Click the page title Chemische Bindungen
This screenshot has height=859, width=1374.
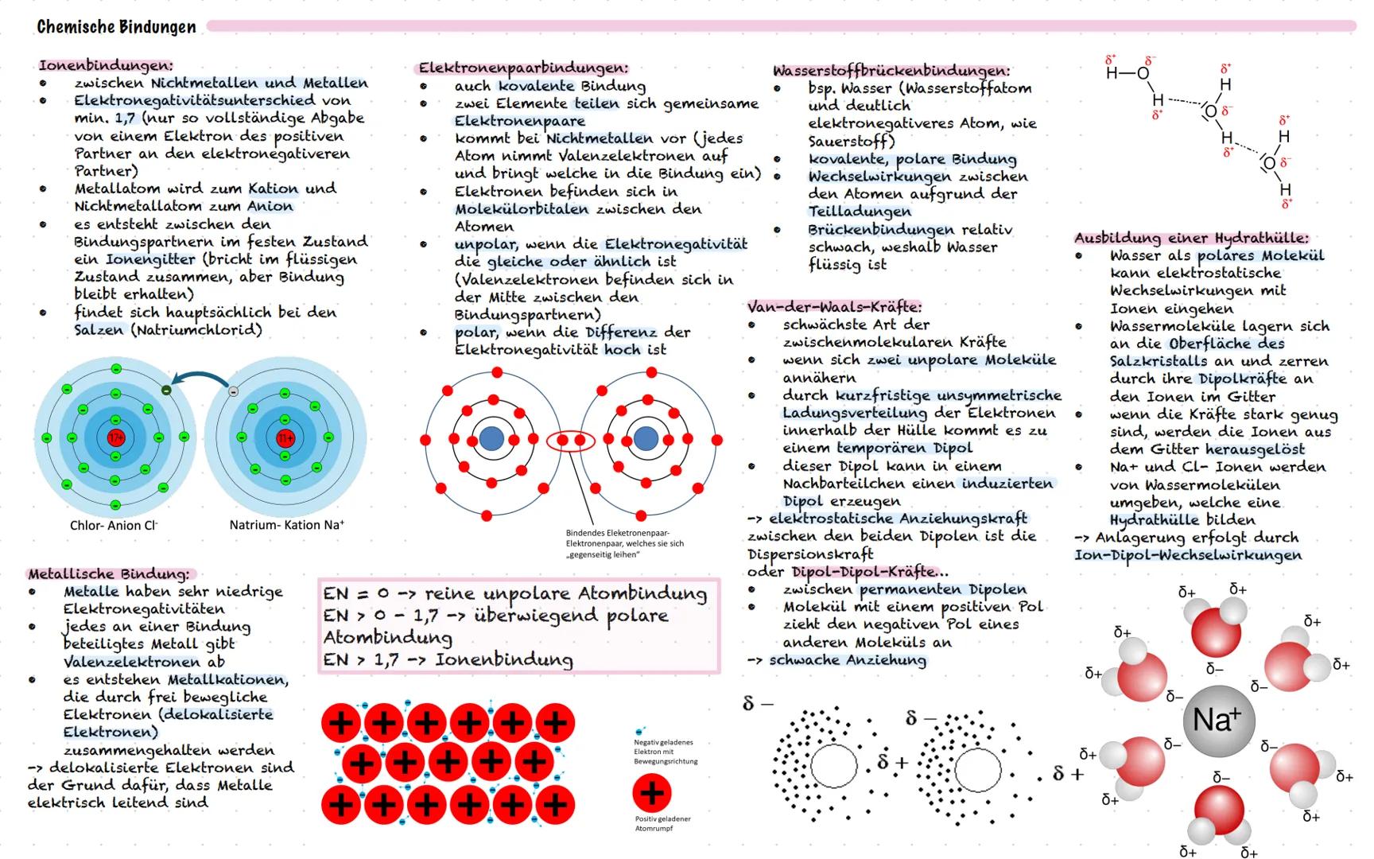pyautogui.click(x=116, y=27)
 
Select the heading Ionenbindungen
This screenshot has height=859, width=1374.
pyautogui.click(x=105, y=65)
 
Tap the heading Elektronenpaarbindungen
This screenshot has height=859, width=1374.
pyautogui.click(x=523, y=68)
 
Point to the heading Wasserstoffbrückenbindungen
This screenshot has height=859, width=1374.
pyautogui.click(x=891, y=71)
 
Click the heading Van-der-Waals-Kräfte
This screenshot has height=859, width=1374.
pyautogui.click(x=834, y=306)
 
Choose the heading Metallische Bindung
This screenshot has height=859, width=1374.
pyautogui.click(x=109, y=573)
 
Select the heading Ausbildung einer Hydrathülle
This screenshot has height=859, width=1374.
pyautogui.click(x=1190, y=238)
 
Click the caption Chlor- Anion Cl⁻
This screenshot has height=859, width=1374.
pyautogui.click(x=114, y=525)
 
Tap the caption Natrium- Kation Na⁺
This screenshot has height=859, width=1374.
pyautogui.click(x=286, y=525)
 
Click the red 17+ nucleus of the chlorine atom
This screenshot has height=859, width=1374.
pyautogui.click(x=116, y=437)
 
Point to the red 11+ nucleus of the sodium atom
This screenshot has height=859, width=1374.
pyautogui.click(x=285, y=437)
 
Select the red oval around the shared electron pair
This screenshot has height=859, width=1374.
pyautogui.click(x=571, y=440)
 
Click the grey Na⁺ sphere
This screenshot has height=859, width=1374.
pyautogui.click(x=1218, y=721)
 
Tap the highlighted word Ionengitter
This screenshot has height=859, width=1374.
pyautogui.click(x=150, y=259)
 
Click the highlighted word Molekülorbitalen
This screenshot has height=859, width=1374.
pyautogui.click(x=522, y=209)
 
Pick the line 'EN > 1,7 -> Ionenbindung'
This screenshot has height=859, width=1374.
pyautogui.click(x=448, y=659)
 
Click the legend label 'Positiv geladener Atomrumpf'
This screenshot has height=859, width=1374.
pyautogui.click(x=662, y=823)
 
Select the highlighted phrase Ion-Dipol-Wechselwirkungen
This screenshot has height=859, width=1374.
pyautogui.click(x=1188, y=554)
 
